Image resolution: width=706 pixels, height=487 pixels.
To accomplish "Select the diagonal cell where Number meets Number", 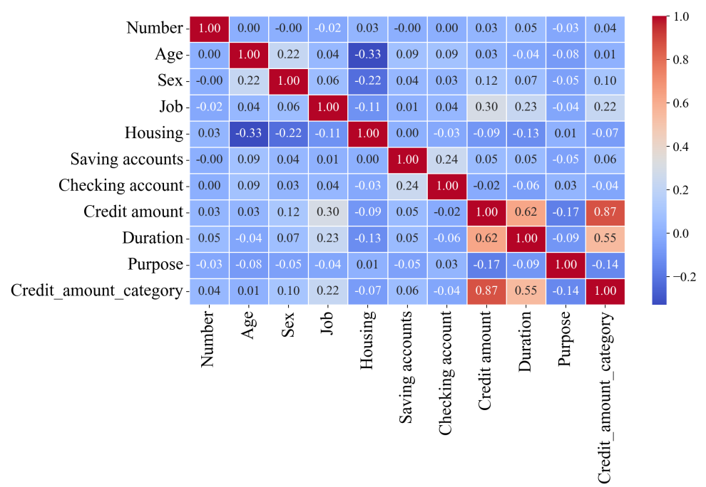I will pyautogui.click(x=210, y=28).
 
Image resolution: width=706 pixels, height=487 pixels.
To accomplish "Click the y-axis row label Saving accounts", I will pyautogui.click(x=127, y=159).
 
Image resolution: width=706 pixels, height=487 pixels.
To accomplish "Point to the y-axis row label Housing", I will pyautogui.click(x=154, y=133).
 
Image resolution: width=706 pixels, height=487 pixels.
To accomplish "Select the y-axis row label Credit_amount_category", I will pyautogui.click(x=96, y=290).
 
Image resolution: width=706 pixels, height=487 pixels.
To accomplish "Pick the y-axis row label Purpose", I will pyautogui.click(x=155, y=264).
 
